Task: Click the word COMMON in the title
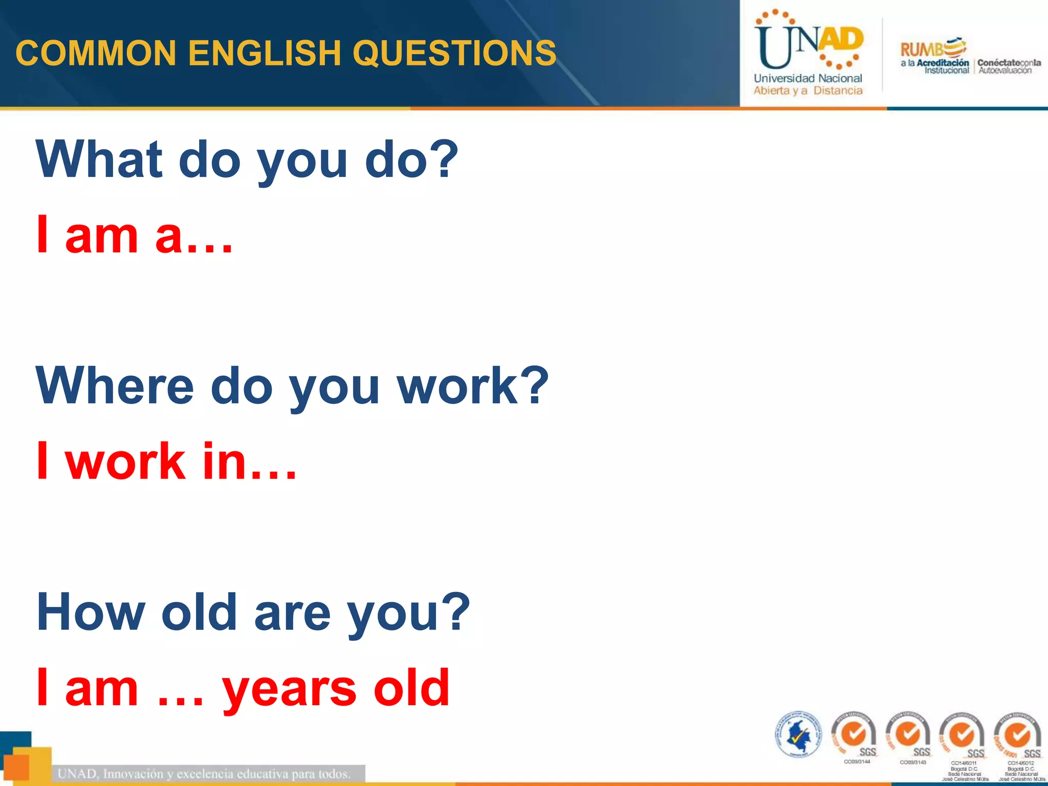(x=96, y=53)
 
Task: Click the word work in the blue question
(x=458, y=386)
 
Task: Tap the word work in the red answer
(x=125, y=461)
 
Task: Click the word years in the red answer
(x=289, y=688)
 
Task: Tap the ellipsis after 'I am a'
(x=210, y=248)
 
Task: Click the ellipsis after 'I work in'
(x=274, y=474)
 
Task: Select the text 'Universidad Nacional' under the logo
(x=807, y=78)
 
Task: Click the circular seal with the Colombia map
(x=798, y=735)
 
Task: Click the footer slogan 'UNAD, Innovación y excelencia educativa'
(x=205, y=774)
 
